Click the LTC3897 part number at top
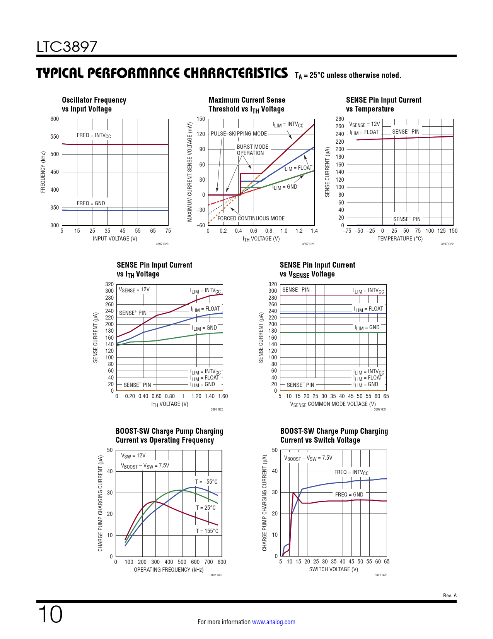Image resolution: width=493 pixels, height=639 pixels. (x=67, y=47)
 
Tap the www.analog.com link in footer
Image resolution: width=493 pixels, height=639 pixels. (x=273, y=622)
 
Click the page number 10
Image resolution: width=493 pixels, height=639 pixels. (x=50, y=614)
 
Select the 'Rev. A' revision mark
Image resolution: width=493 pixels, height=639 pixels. (x=450, y=595)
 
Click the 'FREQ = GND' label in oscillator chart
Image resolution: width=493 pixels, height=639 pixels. (x=91, y=203)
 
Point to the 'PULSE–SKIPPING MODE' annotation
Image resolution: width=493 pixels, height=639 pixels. (x=239, y=134)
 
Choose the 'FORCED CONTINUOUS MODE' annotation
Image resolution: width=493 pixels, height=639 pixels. (x=251, y=218)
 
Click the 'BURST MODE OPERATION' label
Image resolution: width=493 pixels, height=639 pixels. (x=252, y=150)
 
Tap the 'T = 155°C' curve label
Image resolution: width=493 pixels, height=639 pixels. (x=207, y=531)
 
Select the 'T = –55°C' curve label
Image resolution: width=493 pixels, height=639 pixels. (x=206, y=482)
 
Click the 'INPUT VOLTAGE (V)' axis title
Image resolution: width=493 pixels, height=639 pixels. (x=115, y=239)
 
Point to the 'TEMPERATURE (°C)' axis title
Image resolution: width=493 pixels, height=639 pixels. (x=400, y=239)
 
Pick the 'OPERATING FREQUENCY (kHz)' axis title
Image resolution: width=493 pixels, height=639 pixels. (x=169, y=570)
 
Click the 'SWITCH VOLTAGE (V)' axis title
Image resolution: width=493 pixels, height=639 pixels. (x=333, y=569)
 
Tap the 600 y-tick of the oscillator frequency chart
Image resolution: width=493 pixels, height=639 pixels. (x=55, y=119)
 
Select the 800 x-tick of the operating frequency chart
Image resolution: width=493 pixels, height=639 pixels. (x=222, y=562)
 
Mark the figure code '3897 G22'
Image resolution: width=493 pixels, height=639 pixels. (x=447, y=244)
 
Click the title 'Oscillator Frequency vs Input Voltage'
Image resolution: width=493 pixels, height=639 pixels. (x=94, y=105)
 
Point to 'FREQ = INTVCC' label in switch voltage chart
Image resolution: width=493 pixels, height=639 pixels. (x=351, y=472)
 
